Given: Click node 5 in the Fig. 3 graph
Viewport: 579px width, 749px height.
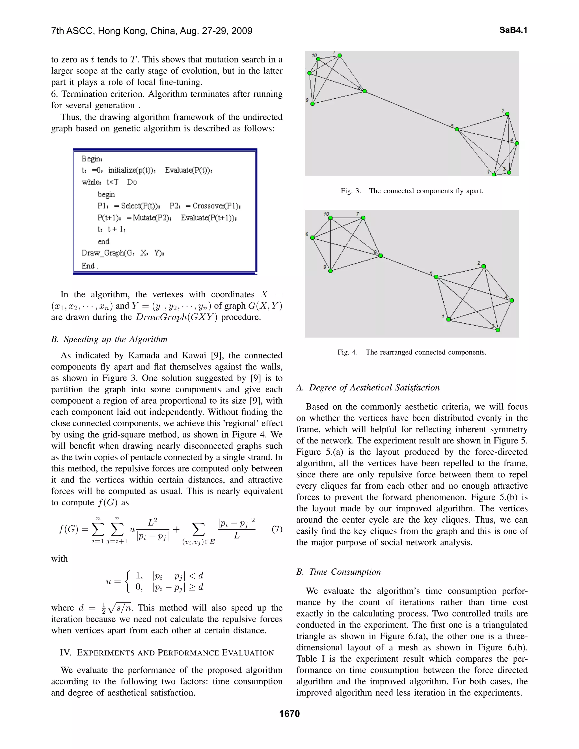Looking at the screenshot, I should point(457,129).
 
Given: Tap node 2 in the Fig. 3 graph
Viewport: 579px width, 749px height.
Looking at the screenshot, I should point(507,114).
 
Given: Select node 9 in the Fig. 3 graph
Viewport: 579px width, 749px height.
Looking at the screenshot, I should point(312,103).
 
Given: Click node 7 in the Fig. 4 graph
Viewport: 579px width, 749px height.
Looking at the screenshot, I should point(363,218).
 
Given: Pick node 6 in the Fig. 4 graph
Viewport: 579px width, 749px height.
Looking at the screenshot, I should point(312,237).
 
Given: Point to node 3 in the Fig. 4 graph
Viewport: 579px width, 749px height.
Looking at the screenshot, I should point(498,330).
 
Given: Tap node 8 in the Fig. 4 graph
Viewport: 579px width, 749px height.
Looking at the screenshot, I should point(381,256).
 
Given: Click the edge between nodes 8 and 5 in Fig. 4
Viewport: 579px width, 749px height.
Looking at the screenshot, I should point(408,267).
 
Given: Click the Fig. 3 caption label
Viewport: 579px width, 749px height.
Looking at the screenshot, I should point(351,191).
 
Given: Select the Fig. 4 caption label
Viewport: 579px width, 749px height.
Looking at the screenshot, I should point(347,352).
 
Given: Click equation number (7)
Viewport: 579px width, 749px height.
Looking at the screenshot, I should point(277,529).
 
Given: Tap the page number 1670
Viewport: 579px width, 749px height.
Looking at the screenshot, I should point(289,714).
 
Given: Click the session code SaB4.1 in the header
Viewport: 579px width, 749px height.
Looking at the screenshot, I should point(513,30).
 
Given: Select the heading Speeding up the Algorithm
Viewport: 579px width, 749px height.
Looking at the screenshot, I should point(115,339).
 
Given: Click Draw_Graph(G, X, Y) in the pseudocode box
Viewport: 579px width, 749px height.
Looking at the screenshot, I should point(122,253).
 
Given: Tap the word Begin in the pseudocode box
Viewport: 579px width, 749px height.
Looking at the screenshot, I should point(92,159).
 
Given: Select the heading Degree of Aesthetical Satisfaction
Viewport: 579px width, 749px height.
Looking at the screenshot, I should point(374,388).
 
